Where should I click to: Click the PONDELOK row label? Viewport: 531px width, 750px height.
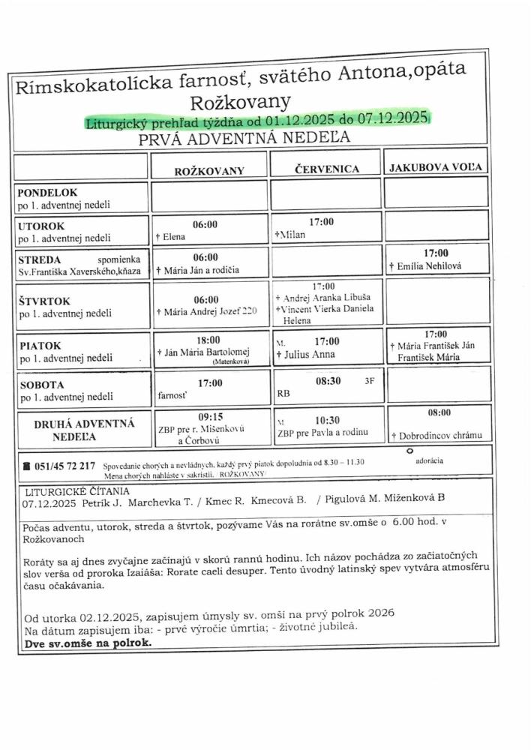(x=49, y=193)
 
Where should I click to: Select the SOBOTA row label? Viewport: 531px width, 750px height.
(x=41, y=385)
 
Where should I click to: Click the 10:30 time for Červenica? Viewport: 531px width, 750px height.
(x=327, y=421)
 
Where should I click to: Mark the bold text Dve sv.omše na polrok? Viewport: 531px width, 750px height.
(x=88, y=642)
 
